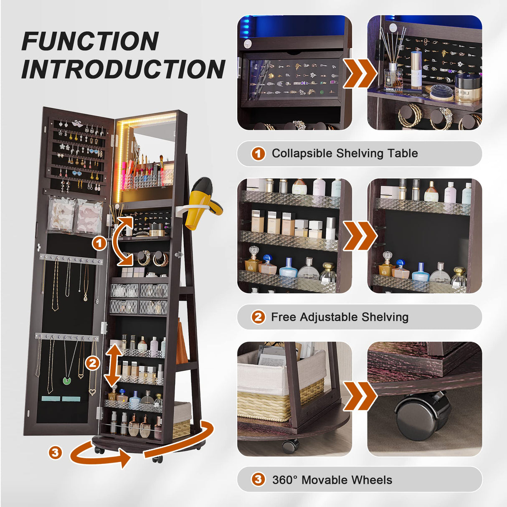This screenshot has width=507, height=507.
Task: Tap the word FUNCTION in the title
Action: point(90,41)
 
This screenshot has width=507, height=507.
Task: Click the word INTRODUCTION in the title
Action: point(123,68)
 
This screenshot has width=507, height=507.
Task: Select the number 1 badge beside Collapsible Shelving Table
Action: point(258,154)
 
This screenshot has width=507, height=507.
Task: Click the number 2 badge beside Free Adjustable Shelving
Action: point(258,317)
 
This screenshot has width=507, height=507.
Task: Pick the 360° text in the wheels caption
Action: point(285,480)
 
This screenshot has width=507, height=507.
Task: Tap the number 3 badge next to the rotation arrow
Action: point(55,453)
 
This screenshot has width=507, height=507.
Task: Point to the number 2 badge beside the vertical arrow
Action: point(92,364)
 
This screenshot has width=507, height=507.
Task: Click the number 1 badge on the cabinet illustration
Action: point(99,244)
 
